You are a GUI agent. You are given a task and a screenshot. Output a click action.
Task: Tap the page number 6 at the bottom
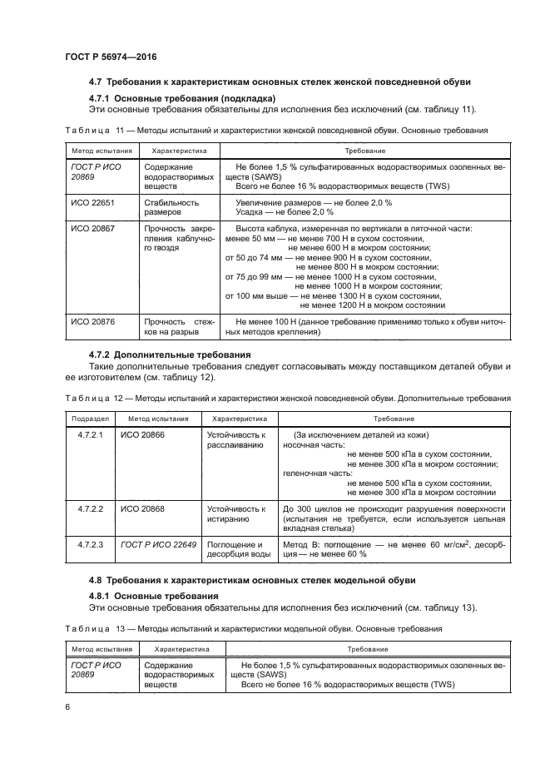click(67, 706)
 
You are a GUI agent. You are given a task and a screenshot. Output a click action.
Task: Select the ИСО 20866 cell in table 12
click(142, 435)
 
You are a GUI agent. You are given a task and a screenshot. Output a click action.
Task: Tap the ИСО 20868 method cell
click(142, 509)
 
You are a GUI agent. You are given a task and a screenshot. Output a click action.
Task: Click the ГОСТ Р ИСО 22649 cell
click(158, 544)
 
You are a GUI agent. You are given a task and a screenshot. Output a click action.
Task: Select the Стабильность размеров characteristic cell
click(171, 207)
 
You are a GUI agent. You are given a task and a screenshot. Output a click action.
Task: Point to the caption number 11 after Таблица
click(119, 131)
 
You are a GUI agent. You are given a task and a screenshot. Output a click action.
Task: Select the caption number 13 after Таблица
click(119, 628)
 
